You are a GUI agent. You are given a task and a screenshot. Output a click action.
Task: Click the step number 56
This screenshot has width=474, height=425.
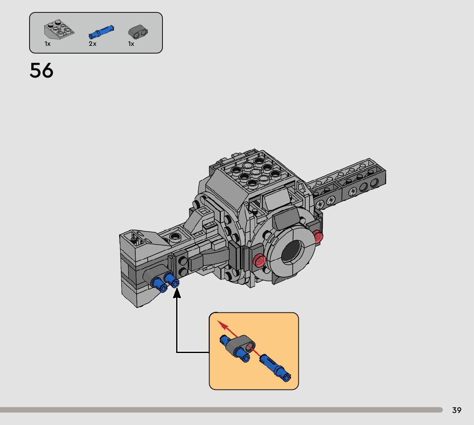click(42, 70)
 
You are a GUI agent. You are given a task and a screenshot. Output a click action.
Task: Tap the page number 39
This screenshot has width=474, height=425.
click(456, 410)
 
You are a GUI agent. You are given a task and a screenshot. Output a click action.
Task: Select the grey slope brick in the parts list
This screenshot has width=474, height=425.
click(59, 30)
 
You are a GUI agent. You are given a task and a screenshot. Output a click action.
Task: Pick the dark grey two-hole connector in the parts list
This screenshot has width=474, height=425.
click(138, 32)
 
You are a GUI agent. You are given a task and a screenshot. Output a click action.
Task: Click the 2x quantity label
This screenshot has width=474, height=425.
click(93, 44)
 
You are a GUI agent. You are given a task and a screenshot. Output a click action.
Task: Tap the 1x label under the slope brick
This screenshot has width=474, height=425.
click(48, 44)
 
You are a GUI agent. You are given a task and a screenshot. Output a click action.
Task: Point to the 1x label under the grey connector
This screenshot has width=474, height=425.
click(131, 44)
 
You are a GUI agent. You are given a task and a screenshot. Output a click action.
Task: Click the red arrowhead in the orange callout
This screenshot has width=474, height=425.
click(223, 325)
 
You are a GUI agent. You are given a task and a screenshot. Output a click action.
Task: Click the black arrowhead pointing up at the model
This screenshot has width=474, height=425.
click(177, 293)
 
